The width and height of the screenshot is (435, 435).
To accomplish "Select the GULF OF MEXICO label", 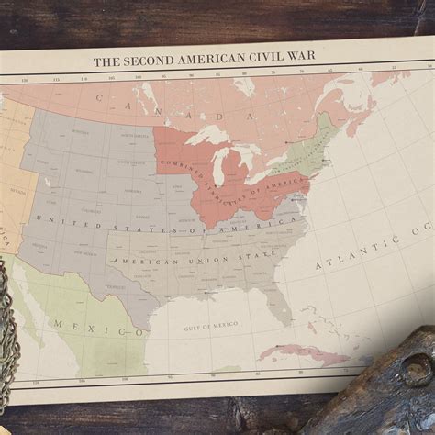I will click(210, 324).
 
